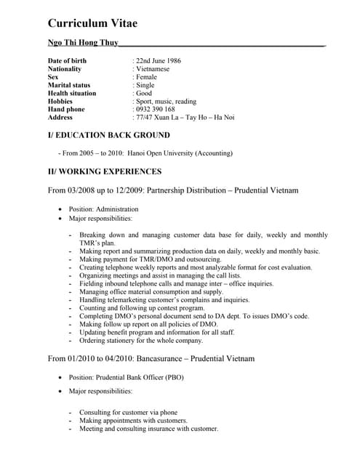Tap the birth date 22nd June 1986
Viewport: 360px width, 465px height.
[x=159, y=60]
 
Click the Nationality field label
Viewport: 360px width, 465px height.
[x=65, y=69]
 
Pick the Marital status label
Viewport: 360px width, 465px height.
[x=69, y=85]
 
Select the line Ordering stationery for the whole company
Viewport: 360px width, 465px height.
[x=141, y=340]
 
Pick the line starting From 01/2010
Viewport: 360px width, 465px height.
[x=151, y=359]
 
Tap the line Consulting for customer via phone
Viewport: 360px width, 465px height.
[x=128, y=412]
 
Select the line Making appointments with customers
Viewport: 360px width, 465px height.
[x=133, y=420]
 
